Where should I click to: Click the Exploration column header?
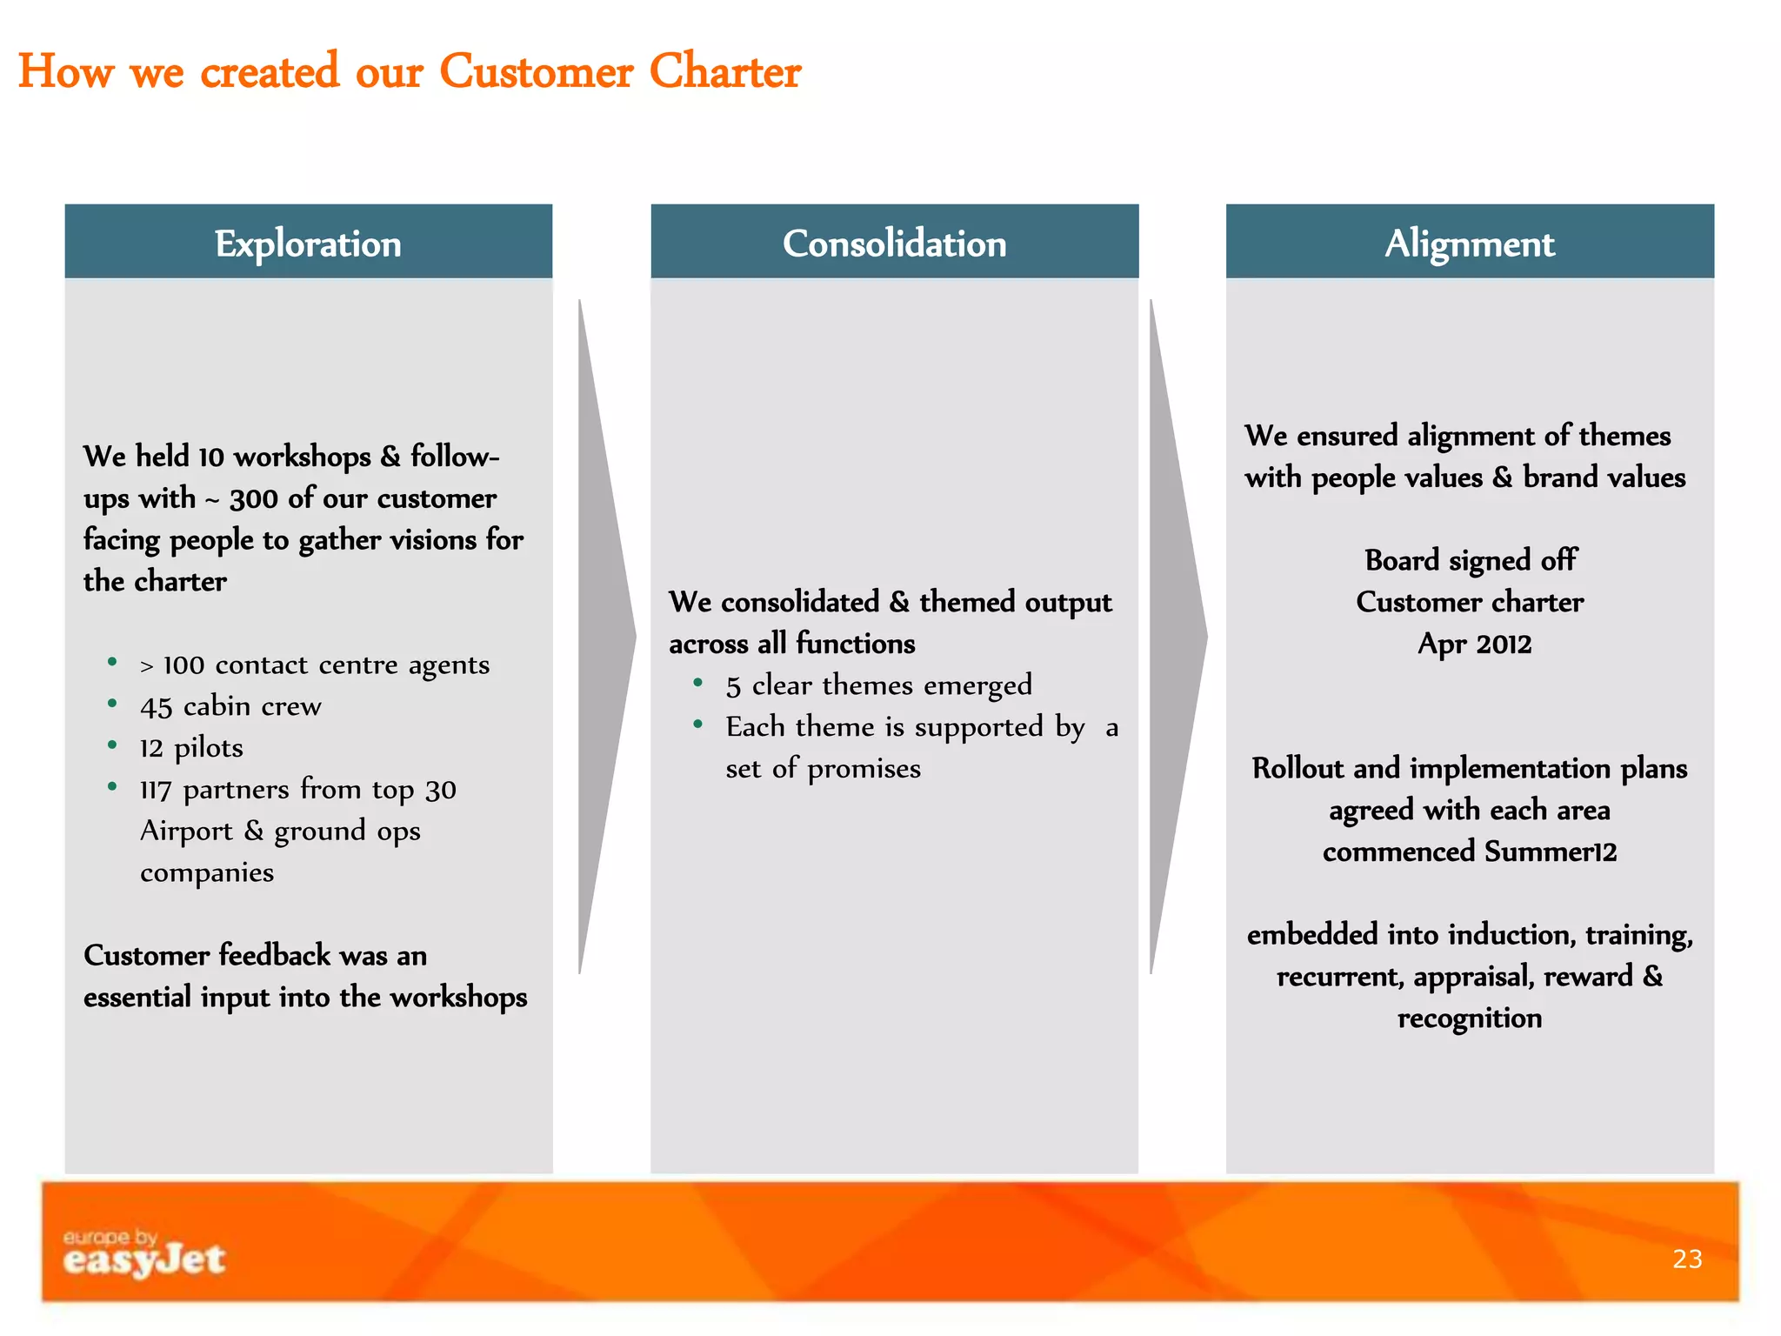pos(308,243)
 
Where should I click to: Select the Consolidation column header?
pos(894,243)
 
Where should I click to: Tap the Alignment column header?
pos(1470,243)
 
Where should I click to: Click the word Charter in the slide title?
pos(724,71)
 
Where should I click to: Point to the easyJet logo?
pos(144,1254)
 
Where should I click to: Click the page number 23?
pos(1687,1259)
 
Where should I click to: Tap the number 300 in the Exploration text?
pos(254,498)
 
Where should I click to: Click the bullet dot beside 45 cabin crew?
pos(112,704)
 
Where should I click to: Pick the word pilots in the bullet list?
pos(209,747)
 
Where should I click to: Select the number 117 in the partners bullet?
pos(156,790)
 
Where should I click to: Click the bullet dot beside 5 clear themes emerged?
pos(697,683)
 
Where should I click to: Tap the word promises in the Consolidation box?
pos(864,769)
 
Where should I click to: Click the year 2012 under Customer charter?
pos(1504,644)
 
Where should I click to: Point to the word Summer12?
pos(1551,851)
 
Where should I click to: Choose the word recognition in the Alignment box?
pos(1470,1018)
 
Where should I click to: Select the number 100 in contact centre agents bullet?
pos(183,665)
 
